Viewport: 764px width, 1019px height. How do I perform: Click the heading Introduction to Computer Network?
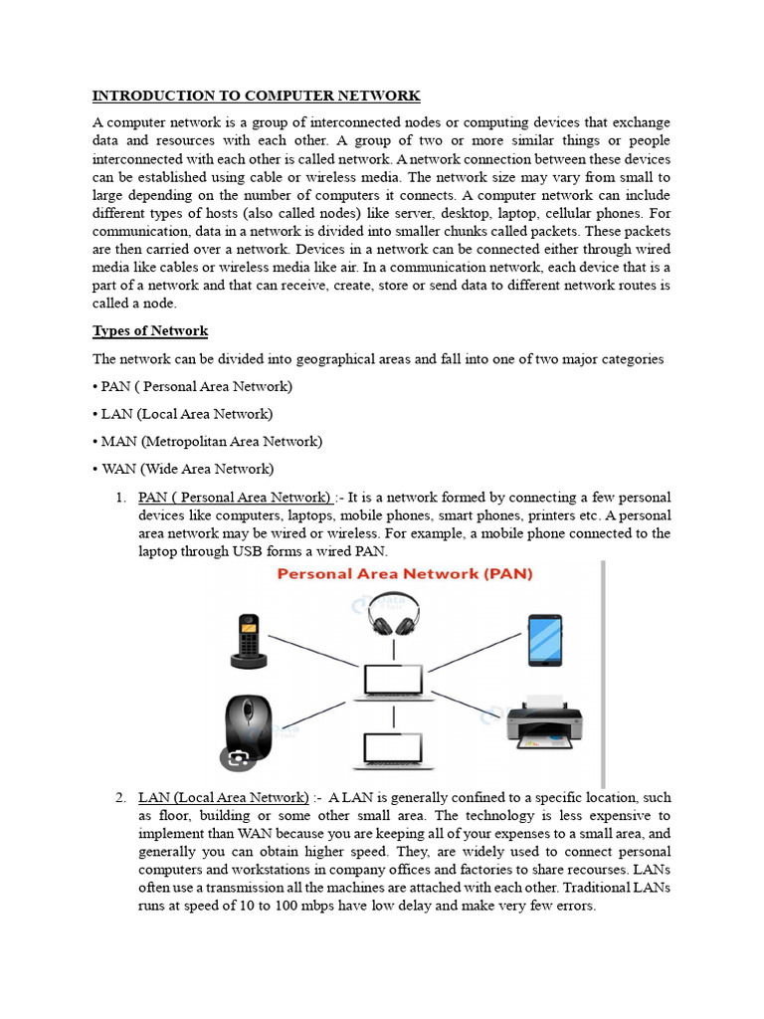[256, 96]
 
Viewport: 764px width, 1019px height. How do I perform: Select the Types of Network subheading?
[150, 330]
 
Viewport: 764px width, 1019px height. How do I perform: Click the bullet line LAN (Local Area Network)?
[187, 413]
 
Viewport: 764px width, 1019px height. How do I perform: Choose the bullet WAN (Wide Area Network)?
[187, 468]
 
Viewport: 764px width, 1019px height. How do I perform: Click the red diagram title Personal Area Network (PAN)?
[404, 574]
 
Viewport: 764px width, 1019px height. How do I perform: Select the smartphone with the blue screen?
[544, 639]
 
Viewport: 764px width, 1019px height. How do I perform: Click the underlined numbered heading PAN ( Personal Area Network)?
[235, 497]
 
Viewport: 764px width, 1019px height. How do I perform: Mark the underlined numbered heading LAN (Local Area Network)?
[224, 797]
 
